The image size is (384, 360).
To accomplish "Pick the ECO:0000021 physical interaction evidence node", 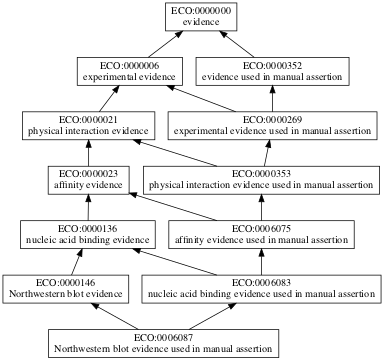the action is point(87,126).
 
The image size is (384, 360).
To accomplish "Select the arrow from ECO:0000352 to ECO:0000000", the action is point(240,46).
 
